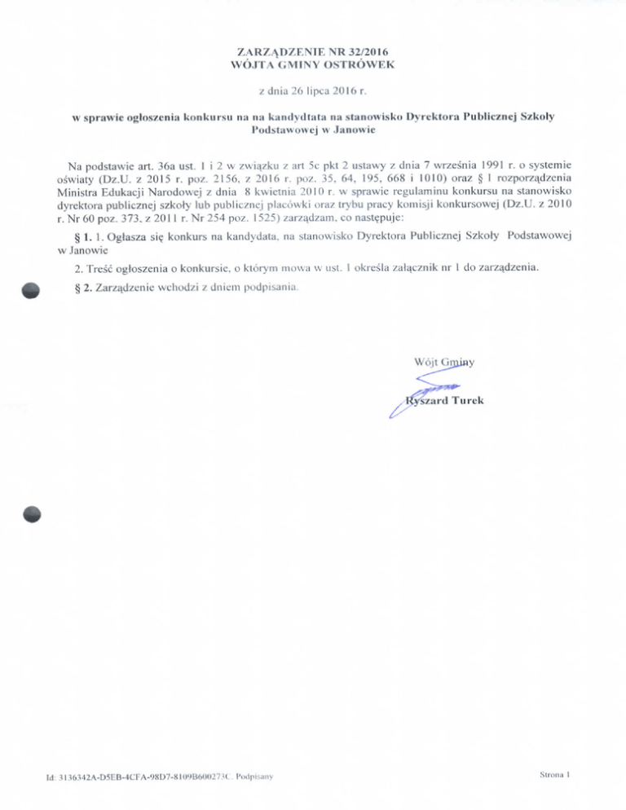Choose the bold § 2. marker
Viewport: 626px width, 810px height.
tap(83, 287)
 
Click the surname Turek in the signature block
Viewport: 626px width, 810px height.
tap(465, 400)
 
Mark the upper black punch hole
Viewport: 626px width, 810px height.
tap(32, 290)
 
